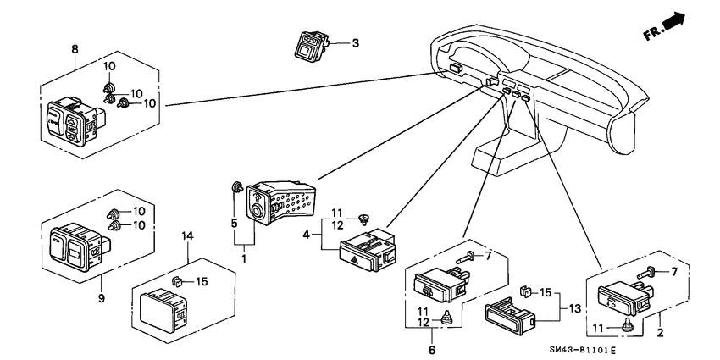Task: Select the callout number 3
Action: [355, 43]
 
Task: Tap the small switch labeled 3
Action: [312, 46]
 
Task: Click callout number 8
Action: [75, 49]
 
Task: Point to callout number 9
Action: [101, 298]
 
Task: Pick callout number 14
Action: [187, 236]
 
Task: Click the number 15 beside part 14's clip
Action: [202, 281]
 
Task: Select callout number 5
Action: [234, 223]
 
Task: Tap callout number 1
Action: [244, 258]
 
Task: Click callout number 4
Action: [307, 235]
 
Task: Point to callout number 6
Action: [432, 350]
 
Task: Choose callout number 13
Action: [574, 308]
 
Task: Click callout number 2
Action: [660, 332]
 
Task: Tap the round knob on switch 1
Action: [256, 211]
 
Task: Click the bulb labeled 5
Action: [237, 187]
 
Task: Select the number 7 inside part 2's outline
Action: [674, 272]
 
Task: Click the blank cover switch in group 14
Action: [163, 310]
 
